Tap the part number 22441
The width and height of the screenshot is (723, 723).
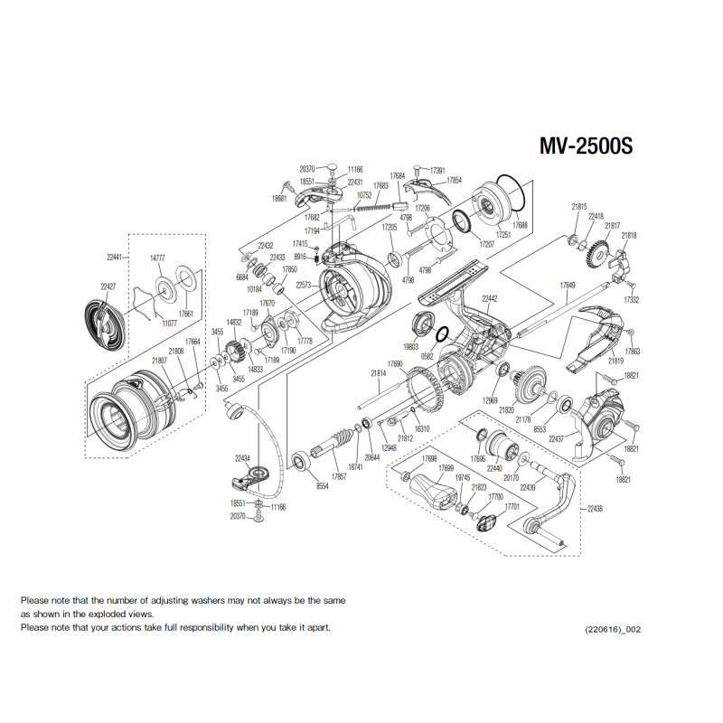(114, 257)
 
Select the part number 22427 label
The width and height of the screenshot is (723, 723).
(108, 286)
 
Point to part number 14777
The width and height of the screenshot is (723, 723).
(157, 258)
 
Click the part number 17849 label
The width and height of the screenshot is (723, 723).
(568, 286)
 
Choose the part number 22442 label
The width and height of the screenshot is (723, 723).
(489, 298)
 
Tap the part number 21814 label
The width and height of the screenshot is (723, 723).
(379, 372)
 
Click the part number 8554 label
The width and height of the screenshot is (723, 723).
(323, 486)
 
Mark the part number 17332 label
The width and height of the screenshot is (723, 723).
(632, 299)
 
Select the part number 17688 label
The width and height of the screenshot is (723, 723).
(521, 225)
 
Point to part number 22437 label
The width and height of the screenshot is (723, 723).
(557, 439)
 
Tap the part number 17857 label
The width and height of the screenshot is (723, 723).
(339, 476)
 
